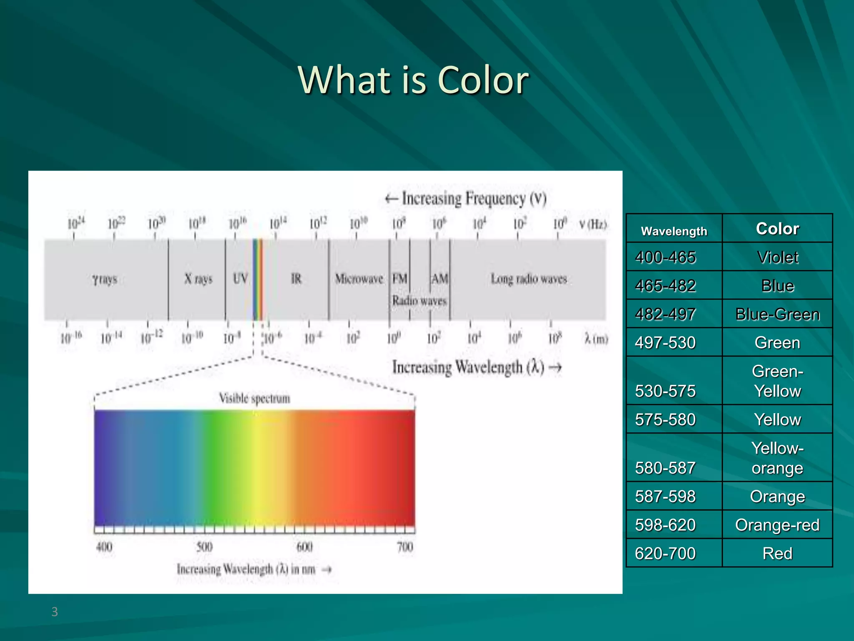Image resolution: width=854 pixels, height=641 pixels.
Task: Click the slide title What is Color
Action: pyautogui.click(x=413, y=80)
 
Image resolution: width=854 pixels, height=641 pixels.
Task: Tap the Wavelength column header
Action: pyautogui.click(x=674, y=231)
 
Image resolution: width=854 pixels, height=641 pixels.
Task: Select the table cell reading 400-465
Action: pyautogui.click(x=666, y=257)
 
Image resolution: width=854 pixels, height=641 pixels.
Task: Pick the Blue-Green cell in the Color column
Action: pyautogui.click(x=777, y=314)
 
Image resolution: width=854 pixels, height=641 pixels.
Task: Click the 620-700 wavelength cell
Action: pyautogui.click(x=666, y=553)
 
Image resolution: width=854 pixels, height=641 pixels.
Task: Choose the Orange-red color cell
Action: pyautogui.click(x=777, y=525)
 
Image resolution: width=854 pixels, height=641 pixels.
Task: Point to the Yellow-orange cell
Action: pyautogui.click(x=777, y=458)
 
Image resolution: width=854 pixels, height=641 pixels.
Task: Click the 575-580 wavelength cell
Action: pyautogui.click(x=666, y=419)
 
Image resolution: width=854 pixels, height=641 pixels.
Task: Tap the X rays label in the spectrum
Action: pyautogui.click(x=198, y=278)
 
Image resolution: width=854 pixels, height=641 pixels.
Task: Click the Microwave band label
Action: pyautogui.click(x=359, y=278)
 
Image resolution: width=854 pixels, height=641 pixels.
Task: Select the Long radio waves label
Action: pyautogui.click(x=529, y=278)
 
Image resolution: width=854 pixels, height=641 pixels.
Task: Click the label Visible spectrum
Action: pyautogui.click(x=254, y=398)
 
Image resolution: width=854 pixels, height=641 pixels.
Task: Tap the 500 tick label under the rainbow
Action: pyautogui.click(x=204, y=547)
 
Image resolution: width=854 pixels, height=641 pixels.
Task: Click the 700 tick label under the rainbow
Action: pyautogui.click(x=405, y=547)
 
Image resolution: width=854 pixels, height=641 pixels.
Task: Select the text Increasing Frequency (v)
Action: pyautogui.click(x=466, y=199)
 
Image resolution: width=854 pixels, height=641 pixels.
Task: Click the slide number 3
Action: pyautogui.click(x=55, y=612)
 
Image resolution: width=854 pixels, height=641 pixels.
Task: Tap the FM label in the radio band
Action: pyautogui.click(x=399, y=278)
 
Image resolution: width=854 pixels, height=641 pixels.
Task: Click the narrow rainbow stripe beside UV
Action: pyautogui.click(x=258, y=280)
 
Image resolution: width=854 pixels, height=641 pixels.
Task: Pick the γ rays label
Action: pyautogui.click(x=105, y=279)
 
